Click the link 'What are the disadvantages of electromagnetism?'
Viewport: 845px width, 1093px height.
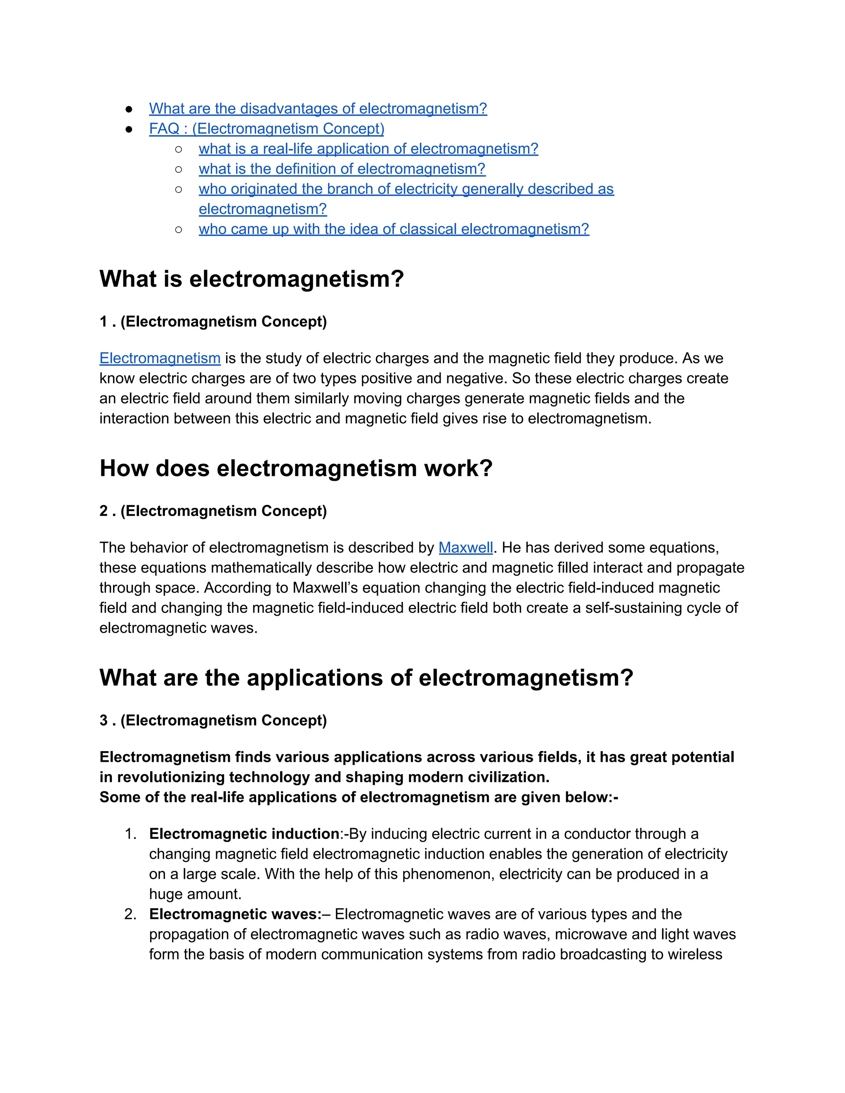pos(318,108)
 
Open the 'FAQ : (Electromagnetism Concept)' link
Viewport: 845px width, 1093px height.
pos(266,129)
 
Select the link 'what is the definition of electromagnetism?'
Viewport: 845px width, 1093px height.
pos(342,169)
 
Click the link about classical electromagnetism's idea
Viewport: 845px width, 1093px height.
pos(394,229)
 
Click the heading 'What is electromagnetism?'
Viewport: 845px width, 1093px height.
pos(251,279)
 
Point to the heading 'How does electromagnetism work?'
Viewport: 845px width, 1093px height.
pos(296,469)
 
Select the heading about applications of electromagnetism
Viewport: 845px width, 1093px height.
pos(366,678)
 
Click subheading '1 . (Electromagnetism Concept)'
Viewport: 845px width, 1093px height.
pos(213,321)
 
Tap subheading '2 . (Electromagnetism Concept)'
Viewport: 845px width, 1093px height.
pos(213,511)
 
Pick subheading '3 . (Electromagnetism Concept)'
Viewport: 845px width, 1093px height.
pos(213,720)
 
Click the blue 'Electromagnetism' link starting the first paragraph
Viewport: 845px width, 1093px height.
pos(160,358)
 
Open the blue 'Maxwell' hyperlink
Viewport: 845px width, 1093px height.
pos(465,547)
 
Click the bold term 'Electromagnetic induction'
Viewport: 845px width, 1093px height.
pos(244,834)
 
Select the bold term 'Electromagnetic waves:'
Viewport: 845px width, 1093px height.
pos(235,914)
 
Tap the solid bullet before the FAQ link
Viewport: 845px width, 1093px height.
pos(129,129)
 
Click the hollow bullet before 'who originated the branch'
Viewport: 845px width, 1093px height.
pos(179,189)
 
